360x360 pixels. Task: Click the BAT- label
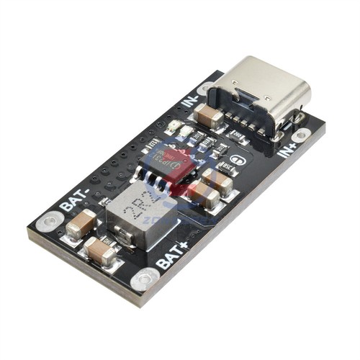point(74,197)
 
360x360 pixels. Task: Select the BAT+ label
point(173,253)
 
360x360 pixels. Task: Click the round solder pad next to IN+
point(300,135)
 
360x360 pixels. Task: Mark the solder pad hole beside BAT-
point(48,220)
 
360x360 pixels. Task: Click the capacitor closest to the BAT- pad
point(81,225)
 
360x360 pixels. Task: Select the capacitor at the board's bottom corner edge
point(102,251)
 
